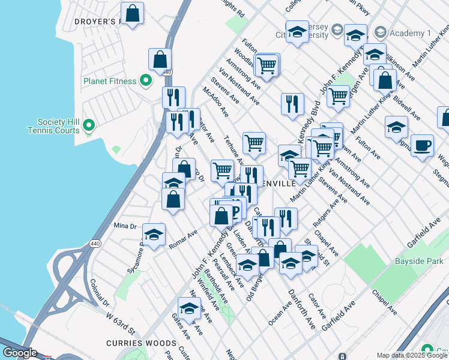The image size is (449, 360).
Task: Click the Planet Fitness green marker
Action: [x=145, y=80]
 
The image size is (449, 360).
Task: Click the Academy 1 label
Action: [x=410, y=33]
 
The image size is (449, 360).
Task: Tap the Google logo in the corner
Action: [x=20, y=353]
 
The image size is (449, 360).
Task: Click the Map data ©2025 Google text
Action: [x=412, y=355]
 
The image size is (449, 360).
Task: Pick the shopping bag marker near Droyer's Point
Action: [x=132, y=13]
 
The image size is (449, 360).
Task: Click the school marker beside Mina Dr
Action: [x=154, y=235]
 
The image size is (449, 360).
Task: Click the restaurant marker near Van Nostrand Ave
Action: [x=292, y=103]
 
